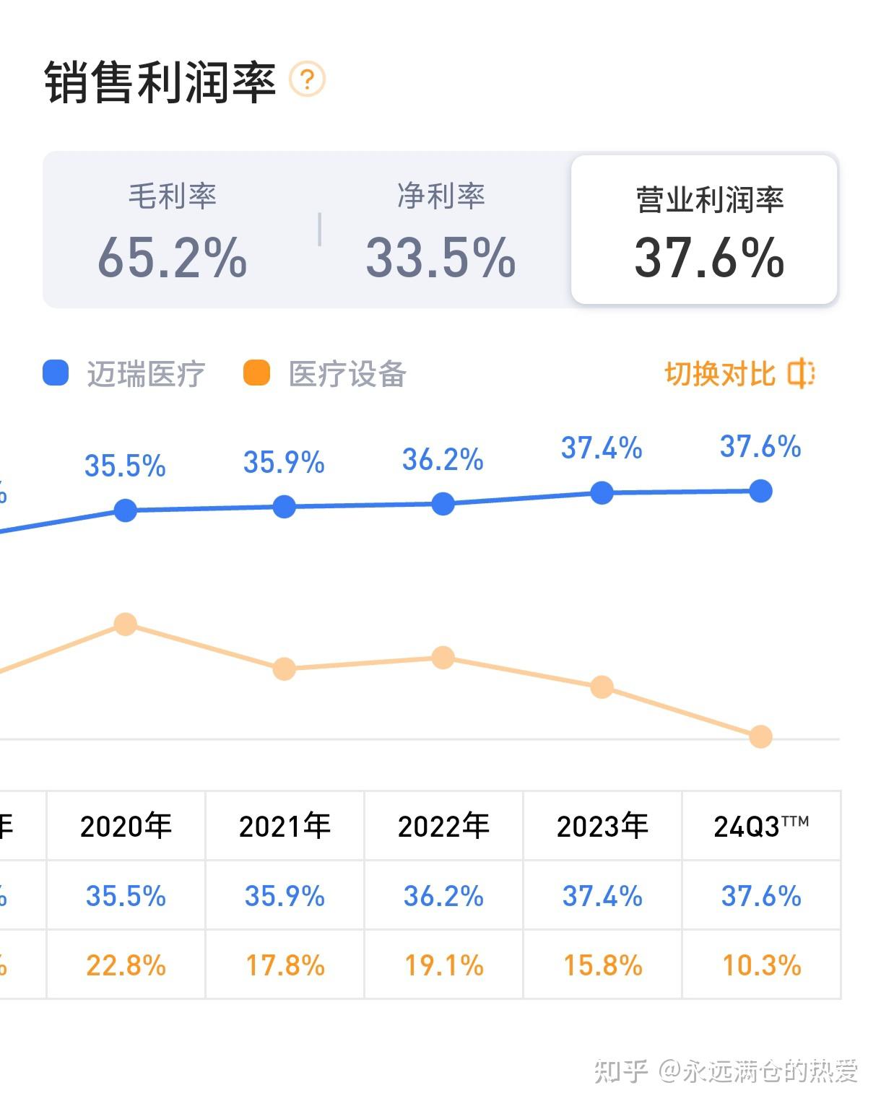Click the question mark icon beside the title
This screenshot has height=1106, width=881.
307,79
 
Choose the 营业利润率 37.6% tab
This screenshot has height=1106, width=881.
704,230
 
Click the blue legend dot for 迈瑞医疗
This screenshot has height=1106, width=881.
56,373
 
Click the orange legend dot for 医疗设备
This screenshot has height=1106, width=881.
256,373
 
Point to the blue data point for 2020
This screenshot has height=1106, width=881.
126,510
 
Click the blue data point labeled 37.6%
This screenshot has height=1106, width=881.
760,492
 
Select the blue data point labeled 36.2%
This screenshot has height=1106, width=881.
443,504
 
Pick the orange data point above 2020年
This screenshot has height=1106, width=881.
126,624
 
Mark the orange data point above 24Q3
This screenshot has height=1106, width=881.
760,736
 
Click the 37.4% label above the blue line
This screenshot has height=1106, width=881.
602,448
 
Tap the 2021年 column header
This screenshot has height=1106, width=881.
285,826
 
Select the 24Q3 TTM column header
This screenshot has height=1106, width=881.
761,826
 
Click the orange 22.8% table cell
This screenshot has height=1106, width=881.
126,965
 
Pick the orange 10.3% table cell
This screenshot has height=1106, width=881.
761,965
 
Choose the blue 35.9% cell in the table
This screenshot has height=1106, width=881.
285,896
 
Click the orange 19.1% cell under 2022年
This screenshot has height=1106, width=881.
443,965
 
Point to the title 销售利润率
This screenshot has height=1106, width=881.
160,82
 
